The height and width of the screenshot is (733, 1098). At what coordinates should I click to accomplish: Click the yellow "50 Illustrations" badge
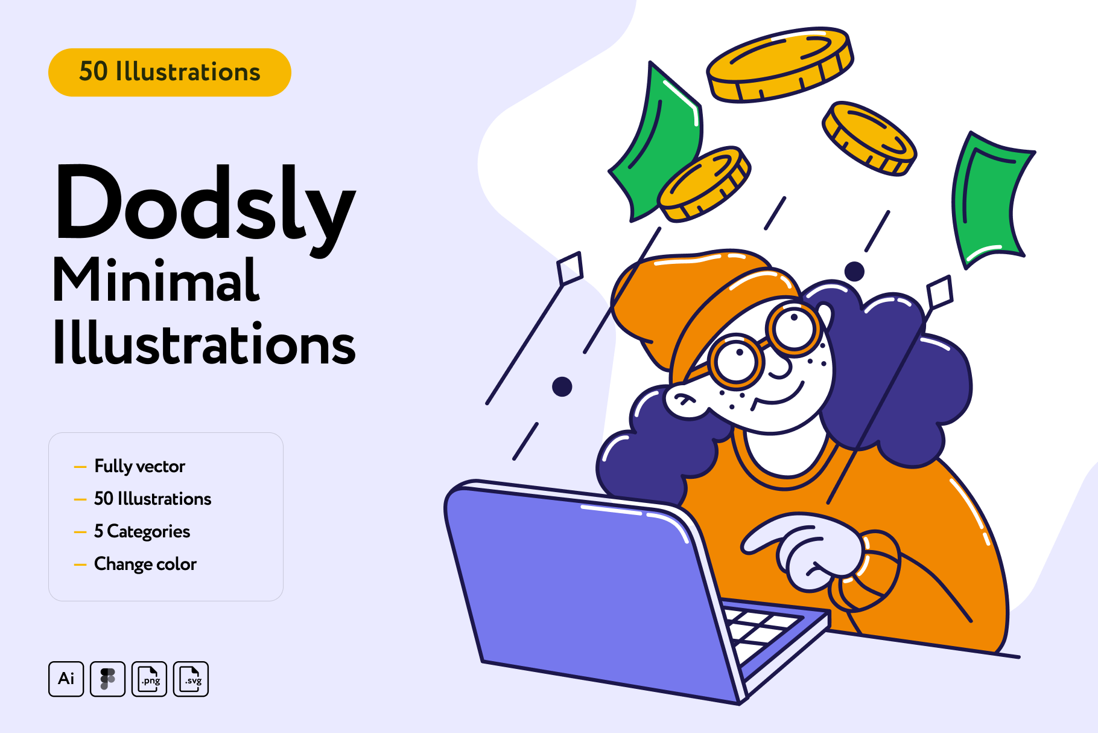[170, 72]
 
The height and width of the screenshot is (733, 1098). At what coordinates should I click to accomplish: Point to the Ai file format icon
[66, 679]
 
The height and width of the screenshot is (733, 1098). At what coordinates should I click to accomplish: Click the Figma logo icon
[107, 679]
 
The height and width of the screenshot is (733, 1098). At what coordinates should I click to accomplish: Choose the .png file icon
[149, 679]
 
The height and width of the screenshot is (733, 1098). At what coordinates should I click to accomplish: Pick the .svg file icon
[191, 679]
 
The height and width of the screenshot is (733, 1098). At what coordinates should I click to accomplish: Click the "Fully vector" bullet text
[139, 467]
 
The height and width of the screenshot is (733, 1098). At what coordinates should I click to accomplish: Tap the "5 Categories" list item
[142, 532]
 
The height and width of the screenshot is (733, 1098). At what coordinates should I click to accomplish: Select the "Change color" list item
[145, 565]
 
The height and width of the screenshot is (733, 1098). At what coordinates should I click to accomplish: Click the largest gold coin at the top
[779, 64]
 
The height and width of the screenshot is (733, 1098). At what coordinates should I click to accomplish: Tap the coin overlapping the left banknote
[705, 184]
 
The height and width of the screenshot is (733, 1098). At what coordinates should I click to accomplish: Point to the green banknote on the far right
[989, 199]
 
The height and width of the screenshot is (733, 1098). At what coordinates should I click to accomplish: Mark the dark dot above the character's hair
[854, 272]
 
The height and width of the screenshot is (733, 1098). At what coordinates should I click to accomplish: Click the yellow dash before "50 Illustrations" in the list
[80, 500]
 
